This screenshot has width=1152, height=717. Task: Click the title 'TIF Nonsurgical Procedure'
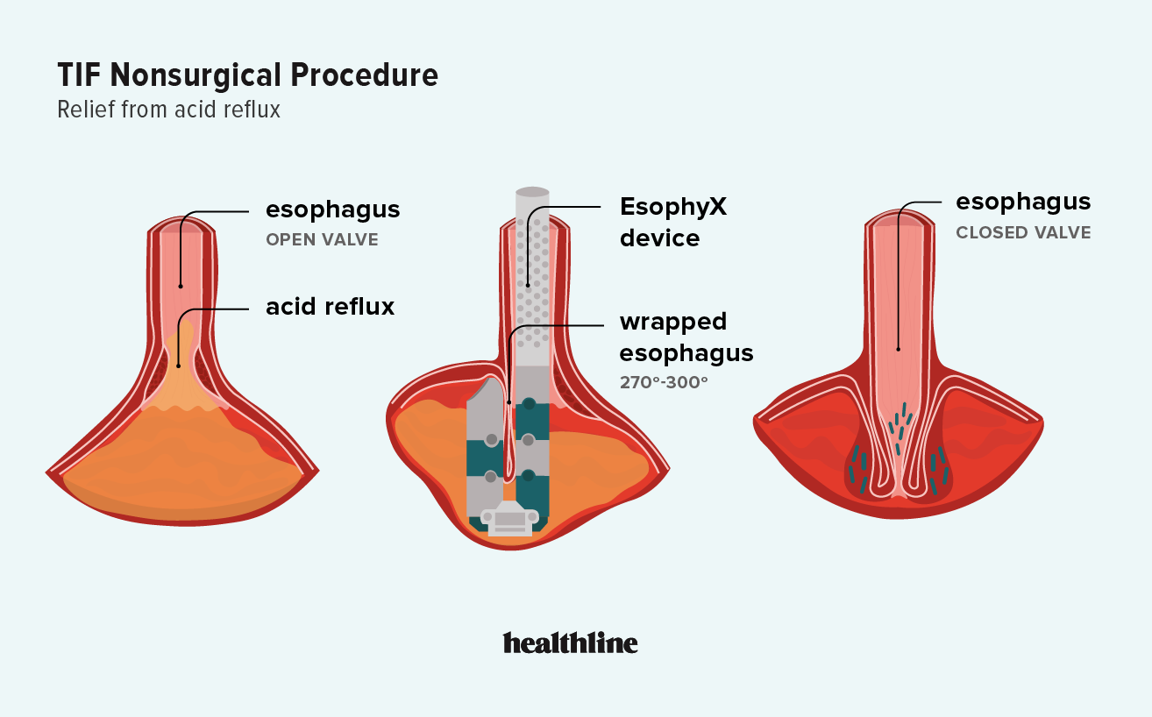[x=248, y=75]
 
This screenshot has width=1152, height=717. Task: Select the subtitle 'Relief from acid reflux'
[x=168, y=110]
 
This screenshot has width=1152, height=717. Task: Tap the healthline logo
[x=570, y=642]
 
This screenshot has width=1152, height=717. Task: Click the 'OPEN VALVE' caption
[x=322, y=240]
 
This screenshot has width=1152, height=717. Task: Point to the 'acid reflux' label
[x=330, y=307]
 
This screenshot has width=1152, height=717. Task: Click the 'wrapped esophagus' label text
[x=686, y=337]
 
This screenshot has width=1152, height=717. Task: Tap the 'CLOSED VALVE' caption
[x=1023, y=233]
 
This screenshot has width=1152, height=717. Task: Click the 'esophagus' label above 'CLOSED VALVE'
[x=1023, y=202]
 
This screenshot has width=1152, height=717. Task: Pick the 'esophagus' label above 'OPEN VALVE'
[x=333, y=209]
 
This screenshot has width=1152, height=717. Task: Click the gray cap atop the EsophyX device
[x=532, y=192]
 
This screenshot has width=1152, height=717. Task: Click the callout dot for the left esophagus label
[x=180, y=285]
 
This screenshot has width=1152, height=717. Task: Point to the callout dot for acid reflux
[x=178, y=366]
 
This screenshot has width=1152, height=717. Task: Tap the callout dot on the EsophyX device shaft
[x=527, y=285]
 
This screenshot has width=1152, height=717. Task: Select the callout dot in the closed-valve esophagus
[x=898, y=350]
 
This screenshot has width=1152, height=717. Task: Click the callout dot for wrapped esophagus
[x=509, y=402]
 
